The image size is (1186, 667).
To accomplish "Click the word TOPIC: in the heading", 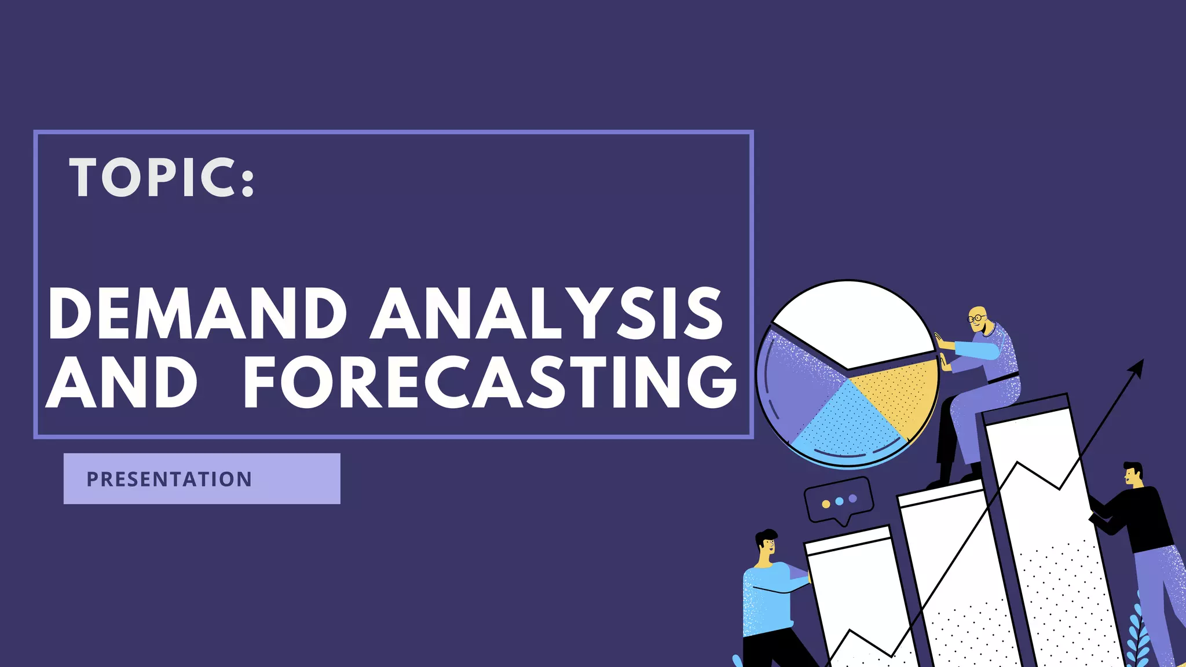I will point(162,178).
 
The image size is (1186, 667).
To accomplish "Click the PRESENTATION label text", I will point(169,479).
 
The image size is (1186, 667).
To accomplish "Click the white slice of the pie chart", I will point(851,321).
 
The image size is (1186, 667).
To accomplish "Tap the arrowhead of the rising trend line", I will point(1137,367).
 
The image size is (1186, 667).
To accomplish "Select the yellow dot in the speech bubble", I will point(826,504).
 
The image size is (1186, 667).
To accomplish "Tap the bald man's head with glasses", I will point(978,319).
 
